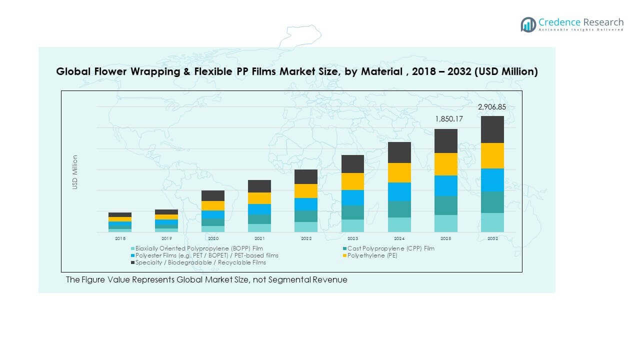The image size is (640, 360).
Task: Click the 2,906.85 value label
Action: (x=492, y=107)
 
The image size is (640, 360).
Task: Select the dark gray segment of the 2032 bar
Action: (x=492, y=129)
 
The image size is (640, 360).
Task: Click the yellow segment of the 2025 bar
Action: (x=445, y=164)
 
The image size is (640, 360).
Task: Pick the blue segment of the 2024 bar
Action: (x=399, y=191)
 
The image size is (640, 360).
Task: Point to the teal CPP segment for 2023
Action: (x=352, y=212)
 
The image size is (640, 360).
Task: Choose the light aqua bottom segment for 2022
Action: (x=306, y=227)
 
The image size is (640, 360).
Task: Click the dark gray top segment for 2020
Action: (x=213, y=195)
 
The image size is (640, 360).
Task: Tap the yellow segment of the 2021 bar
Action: (x=259, y=198)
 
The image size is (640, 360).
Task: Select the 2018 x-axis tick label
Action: (x=120, y=238)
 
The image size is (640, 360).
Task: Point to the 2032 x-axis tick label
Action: (x=492, y=238)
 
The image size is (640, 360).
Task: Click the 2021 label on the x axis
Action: (x=259, y=238)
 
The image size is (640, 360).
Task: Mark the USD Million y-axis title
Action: (x=75, y=172)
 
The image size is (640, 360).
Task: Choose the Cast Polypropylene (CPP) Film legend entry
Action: (x=390, y=248)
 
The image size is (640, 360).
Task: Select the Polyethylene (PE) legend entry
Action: (x=372, y=255)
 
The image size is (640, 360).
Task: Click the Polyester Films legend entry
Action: (x=206, y=255)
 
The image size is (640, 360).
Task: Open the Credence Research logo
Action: (x=572, y=24)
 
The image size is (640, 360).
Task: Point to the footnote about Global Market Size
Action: (x=206, y=279)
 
